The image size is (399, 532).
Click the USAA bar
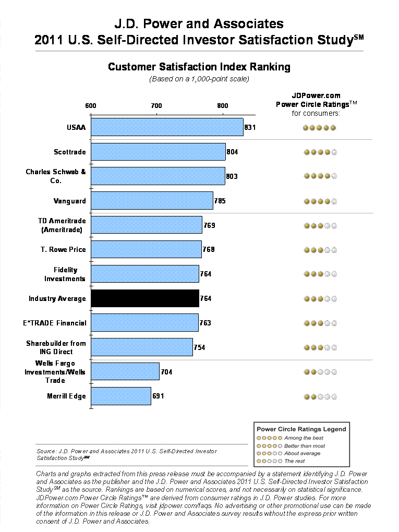click(x=167, y=127)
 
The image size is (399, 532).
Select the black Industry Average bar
click(x=145, y=298)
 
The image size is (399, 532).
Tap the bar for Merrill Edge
click(x=121, y=396)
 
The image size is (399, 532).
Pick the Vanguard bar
click(x=152, y=201)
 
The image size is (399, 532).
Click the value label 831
click(x=250, y=127)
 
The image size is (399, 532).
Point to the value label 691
click(x=158, y=396)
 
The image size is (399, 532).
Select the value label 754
click(x=200, y=347)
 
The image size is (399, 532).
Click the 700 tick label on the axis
click(x=156, y=106)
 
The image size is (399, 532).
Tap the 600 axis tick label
click(x=91, y=106)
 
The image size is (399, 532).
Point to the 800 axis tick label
click(x=223, y=106)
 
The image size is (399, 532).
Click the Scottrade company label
click(x=70, y=152)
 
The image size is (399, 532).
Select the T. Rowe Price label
click(x=63, y=250)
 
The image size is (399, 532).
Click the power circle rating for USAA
click(x=320, y=128)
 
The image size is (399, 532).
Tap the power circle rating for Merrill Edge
click(x=320, y=397)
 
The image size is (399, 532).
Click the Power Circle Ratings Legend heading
click(x=301, y=429)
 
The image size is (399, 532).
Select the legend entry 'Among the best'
click(x=304, y=438)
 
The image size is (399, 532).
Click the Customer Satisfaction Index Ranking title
click(x=199, y=67)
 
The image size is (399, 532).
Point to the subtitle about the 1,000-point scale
click(x=199, y=79)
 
